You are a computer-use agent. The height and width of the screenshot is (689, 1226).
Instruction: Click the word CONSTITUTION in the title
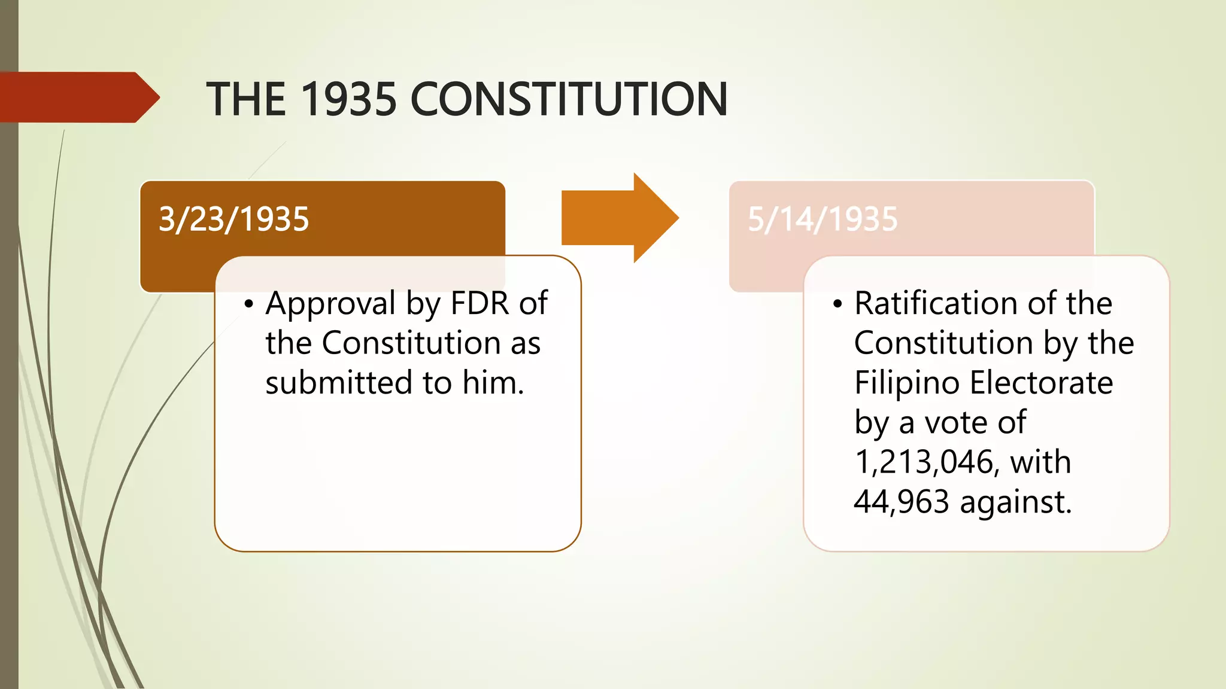(569, 99)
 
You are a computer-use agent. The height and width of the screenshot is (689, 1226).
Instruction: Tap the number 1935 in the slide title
(348, 99)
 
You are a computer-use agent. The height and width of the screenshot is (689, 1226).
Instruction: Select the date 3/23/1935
(233, 219)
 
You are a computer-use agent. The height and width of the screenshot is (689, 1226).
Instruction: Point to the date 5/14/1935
(823, 219)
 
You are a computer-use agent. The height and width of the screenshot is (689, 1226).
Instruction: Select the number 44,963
(902, 502)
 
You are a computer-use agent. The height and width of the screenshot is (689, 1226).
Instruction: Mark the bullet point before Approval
(249, 304)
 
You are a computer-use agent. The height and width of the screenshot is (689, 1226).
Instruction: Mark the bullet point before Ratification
(837, 304)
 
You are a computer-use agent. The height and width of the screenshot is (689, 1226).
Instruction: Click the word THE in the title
(245, 99)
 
